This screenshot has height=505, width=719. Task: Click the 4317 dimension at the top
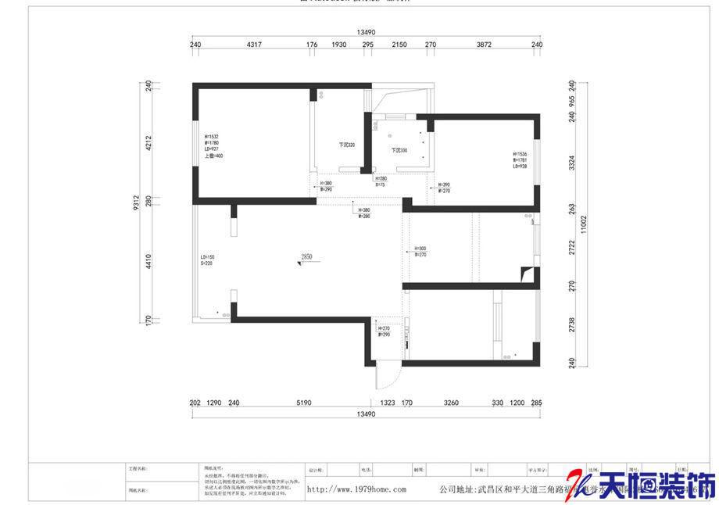click(x=253, y=45)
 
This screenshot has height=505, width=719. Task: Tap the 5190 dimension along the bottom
click(x=303, y=403)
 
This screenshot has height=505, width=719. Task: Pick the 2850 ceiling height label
click(x=307, y=256)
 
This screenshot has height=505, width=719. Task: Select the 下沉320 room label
click(x=346, y=145)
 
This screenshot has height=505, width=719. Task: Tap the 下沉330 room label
click(x=399, y=150)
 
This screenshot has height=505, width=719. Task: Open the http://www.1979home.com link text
click(x=356, y=490)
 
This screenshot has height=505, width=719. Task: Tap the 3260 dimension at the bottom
click(x=451, y=403)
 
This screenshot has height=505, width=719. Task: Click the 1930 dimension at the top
click(x=338, y=45)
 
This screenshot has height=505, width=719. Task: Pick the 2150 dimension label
click(x=399, y=45)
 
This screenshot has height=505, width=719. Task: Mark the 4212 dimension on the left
click(x=148, y=143)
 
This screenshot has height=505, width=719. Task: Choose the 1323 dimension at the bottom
click(x=387, y=403)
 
